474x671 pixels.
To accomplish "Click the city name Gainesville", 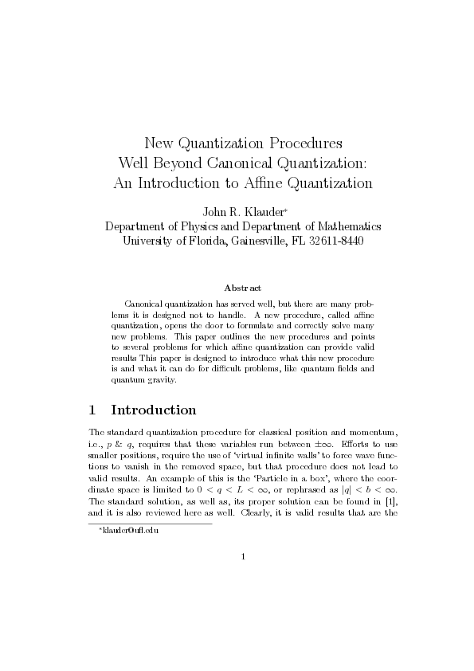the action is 255,241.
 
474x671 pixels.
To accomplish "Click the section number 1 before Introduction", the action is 93,410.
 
